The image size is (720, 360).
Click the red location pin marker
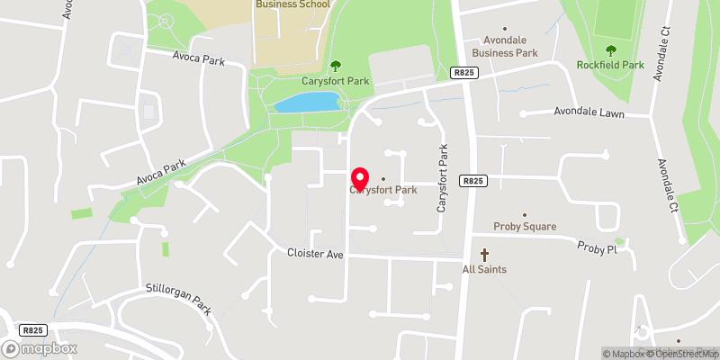tap(361, 177)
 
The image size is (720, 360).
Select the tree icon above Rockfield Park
tap(611, 50)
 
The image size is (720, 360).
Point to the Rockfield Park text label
tap(611, 65)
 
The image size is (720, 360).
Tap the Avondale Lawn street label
tap(589, 113)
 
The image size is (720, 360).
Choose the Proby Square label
tap(526, 227)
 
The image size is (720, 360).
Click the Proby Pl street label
tap(596, 247)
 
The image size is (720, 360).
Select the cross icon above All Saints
tap(484, 256)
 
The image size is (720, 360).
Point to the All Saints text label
tap(484, 269)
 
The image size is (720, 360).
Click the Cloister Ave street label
tap(316, 255)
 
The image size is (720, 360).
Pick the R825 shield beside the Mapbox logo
tap(34, 330)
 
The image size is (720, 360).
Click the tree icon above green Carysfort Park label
tap(337, 64)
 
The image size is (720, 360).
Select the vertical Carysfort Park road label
tap(443, 180)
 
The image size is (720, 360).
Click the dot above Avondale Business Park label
tap(504, 28)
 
